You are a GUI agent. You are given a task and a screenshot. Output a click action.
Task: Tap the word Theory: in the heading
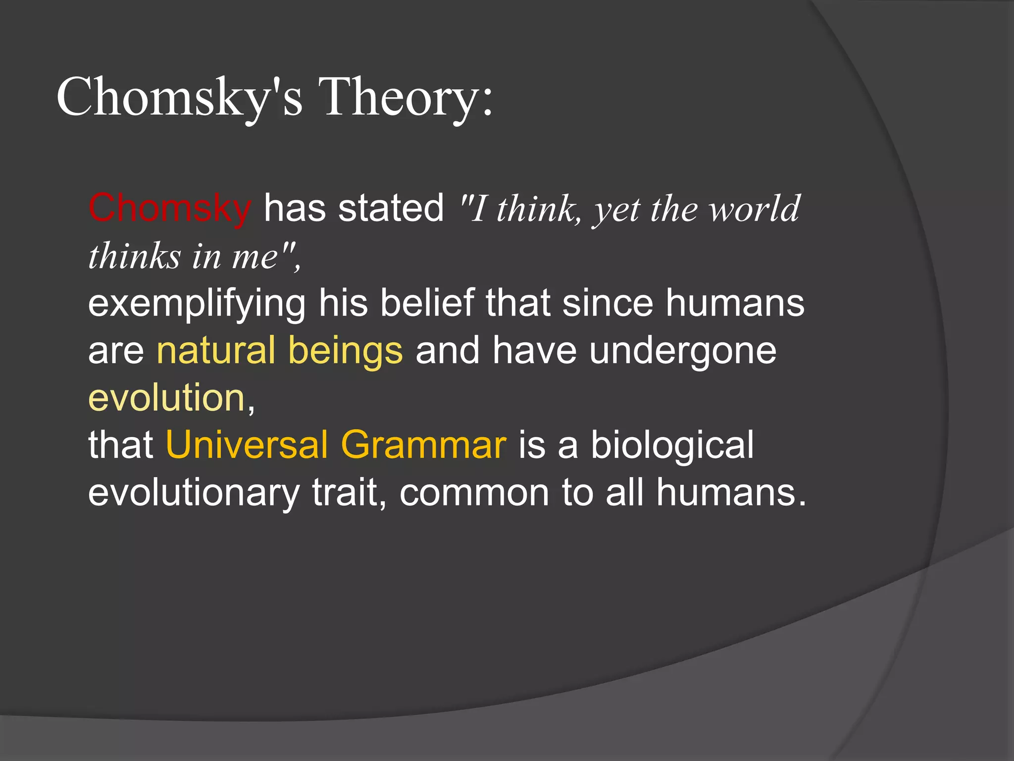[406, 98]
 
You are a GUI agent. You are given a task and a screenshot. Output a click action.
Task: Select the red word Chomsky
[170, 208]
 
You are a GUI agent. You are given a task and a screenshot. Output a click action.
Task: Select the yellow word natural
[216, 350]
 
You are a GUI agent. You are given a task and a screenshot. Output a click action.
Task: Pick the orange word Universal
[247, 444]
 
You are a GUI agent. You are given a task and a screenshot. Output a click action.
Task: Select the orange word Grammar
[424, 444]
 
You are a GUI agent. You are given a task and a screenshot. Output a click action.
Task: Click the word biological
[672, 445]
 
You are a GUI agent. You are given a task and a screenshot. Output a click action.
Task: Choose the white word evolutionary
[194, 493]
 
